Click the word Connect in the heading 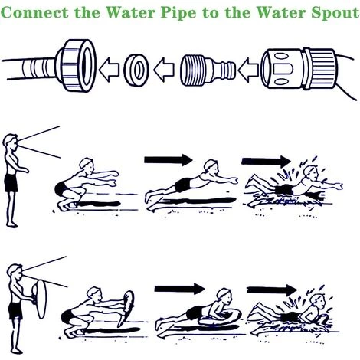[35, 12]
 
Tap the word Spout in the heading [335, 13]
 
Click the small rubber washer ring [136, 70]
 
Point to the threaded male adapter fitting [208, 70]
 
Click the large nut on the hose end [77, 65]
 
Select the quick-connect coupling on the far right [299, 68]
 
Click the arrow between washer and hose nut [109, 70]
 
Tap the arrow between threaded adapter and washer [164, 70]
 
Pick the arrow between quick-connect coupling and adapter [248, 70]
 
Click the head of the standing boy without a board [11, 142]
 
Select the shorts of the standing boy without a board [11, 183]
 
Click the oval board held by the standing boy [41, 299]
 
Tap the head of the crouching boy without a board [87, 164]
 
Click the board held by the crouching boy [126, 309]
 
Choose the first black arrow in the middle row [169, 160]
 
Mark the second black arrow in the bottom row [272, 290]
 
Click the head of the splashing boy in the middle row [311, 172]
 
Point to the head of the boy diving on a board [224, 296]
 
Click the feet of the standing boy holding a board [17, 351]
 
